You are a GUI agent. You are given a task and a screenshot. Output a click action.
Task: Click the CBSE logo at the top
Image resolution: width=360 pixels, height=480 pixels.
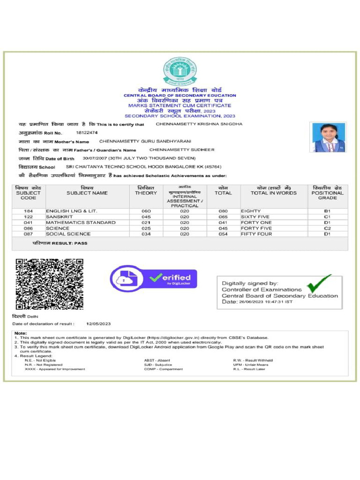[x=180, y=71]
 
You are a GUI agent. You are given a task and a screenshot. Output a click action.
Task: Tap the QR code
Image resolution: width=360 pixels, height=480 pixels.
[x=50, y=284]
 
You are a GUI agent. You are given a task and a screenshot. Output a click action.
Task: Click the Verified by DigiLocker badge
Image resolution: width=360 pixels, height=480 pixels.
[x=153, y=279]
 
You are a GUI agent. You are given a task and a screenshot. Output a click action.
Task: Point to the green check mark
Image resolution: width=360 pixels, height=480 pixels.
[x=319, y=284]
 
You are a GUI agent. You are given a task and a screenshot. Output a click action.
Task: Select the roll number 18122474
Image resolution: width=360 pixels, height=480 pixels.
[x=87, y=133]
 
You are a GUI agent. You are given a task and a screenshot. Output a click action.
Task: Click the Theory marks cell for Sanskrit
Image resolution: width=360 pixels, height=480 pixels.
[x=146, y=217]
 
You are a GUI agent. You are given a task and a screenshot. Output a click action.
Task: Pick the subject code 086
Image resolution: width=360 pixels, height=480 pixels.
[x=28, y=228]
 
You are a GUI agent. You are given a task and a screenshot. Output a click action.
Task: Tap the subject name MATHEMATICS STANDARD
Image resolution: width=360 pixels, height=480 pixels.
[x=81, y=223]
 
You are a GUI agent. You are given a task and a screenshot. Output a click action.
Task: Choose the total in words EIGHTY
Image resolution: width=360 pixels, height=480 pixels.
[x=251, y=211]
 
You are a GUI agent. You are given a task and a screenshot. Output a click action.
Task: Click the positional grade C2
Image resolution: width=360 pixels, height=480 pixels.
[x=327, y=228]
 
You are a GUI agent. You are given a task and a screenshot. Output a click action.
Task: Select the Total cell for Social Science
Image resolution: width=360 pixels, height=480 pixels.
[x=223, y=234]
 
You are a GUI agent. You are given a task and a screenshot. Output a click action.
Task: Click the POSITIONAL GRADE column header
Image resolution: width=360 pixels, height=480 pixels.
[x=327, y=193]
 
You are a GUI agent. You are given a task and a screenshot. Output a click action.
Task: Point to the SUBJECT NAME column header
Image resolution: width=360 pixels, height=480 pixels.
[x=87, y=193]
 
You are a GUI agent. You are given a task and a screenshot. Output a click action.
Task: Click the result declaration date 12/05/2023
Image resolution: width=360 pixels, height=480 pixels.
[x=98, y=324]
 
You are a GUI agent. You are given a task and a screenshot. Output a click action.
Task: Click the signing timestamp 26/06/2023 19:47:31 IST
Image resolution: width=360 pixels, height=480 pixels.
[x=266, y=302]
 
